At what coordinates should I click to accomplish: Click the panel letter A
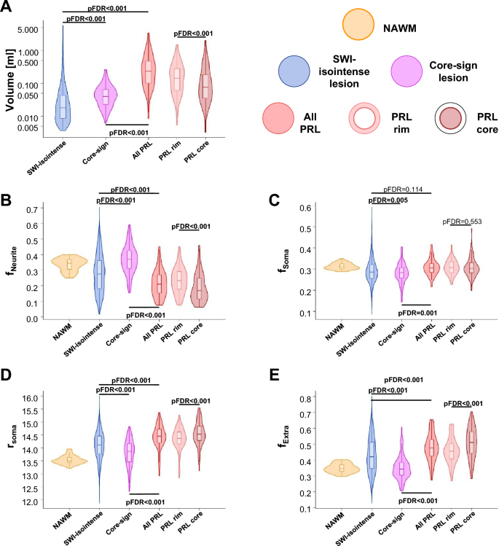click(x=8, y=8)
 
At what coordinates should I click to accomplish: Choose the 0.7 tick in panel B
click(x=31, y=210)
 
